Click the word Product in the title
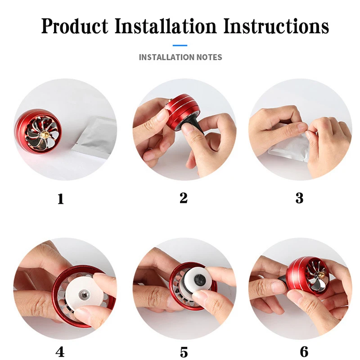75,26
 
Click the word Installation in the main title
165,26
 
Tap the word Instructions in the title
276,26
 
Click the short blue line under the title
180,45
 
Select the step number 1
61,199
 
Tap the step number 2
184,198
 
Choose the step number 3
299,198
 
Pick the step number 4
60,352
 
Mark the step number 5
184,352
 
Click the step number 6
304,351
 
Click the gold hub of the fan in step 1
44,134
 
